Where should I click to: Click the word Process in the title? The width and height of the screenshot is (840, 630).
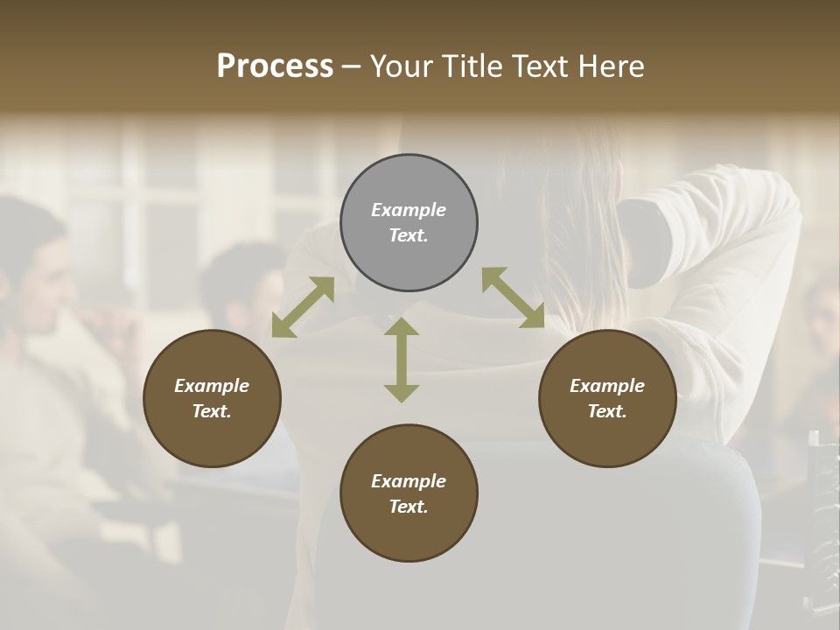coord(275,66)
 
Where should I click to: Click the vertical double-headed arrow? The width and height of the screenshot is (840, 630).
coord(402,360)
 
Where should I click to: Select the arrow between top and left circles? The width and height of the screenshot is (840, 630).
coord(303,307)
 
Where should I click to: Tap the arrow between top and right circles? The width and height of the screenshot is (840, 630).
coord(513,297)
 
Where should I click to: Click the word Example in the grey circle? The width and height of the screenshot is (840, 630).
coord(409,210)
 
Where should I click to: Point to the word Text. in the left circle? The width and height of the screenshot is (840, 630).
coord(212,411)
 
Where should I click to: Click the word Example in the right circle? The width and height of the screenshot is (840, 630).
coord(607,386)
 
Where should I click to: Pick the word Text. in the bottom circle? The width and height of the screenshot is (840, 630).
coord(409,507)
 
